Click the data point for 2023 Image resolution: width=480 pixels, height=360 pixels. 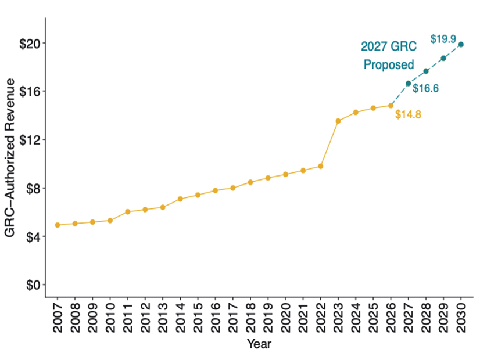click(x=338, y=121)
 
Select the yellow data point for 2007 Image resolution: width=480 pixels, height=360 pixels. click(x=58, y=225)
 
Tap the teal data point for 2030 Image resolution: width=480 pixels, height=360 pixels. click(x=461, y=44)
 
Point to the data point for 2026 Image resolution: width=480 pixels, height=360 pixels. click(x=391, y=106)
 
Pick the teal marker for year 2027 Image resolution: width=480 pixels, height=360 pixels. click(x=408, y=84)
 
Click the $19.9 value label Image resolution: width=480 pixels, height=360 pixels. click(x=443, y=39)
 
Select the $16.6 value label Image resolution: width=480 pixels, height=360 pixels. click(x=425, y=88)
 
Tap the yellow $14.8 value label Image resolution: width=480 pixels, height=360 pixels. click(x=408, y=114)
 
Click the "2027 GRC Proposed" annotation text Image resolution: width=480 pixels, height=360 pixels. click(x=388, y=56)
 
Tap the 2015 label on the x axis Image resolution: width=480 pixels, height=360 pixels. click(x=198, y=317)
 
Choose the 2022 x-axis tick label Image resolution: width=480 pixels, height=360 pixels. click(x=320, y=317)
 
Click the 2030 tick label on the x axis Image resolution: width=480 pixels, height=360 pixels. click(x=461, y=317)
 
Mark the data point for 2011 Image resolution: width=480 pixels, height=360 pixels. click(x=128, y=211)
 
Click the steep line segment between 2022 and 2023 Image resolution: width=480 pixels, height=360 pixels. click(x=329, y=143)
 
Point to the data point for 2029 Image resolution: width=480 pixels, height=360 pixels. click(x=443, y=58)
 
